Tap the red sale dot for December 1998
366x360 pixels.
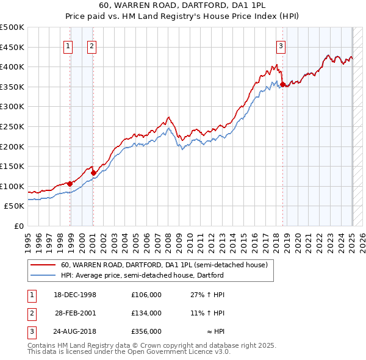[70, 183]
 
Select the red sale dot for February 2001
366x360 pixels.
[94, 172]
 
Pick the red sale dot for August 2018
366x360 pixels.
[283, 84]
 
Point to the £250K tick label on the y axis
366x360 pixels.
[12, 126]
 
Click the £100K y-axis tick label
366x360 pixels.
[12, 186]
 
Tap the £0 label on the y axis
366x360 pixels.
[18, 226]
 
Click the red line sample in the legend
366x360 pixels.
[43, 265]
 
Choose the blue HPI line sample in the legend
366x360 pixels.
[43, 275]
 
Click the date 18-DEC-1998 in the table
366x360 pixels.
[75, 294]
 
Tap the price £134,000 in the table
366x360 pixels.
[146, 313]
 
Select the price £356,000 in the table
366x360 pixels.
[146, 332]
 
